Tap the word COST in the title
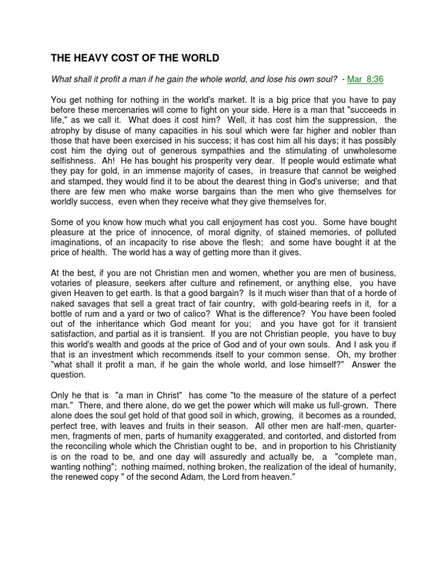(130, 58)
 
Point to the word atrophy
(67, 130)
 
